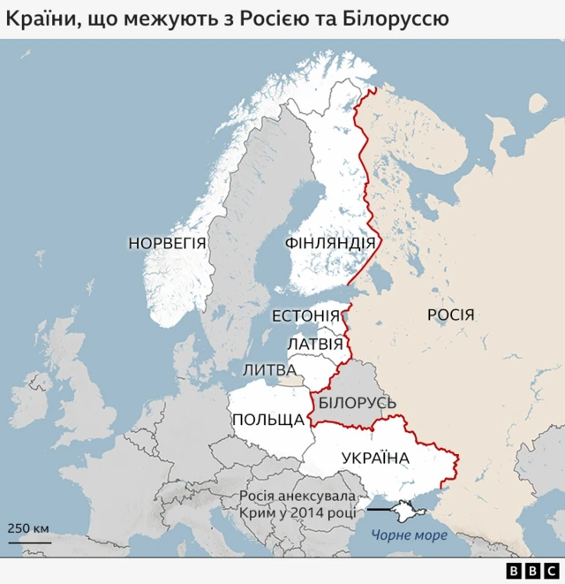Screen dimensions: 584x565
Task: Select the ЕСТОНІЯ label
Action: tap(305, 316)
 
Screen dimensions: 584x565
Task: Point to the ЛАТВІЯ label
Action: tap(315, 344)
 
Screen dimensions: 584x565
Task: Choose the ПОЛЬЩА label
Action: tap(267, 419)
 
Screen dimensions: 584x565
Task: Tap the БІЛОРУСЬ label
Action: tap(358, 403)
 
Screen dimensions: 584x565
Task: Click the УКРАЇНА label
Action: tap(375, 458)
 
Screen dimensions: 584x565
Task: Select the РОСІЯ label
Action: tap(450, 315)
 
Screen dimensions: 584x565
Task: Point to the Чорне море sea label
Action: tap(409, 535)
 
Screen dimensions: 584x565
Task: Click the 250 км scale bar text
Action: tap(29, 528)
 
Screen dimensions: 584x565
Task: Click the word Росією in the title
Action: tap(302, 17)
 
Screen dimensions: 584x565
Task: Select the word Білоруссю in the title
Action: tap(405, 17)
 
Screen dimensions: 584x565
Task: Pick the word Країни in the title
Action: tap(41, 17)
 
